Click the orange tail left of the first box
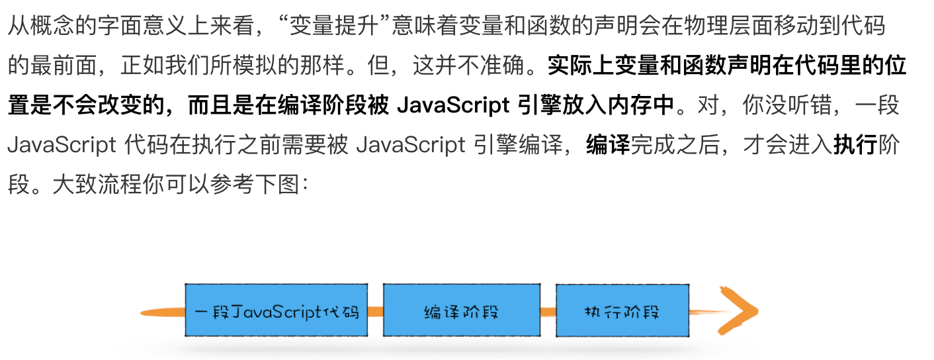tap(162, 311)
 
